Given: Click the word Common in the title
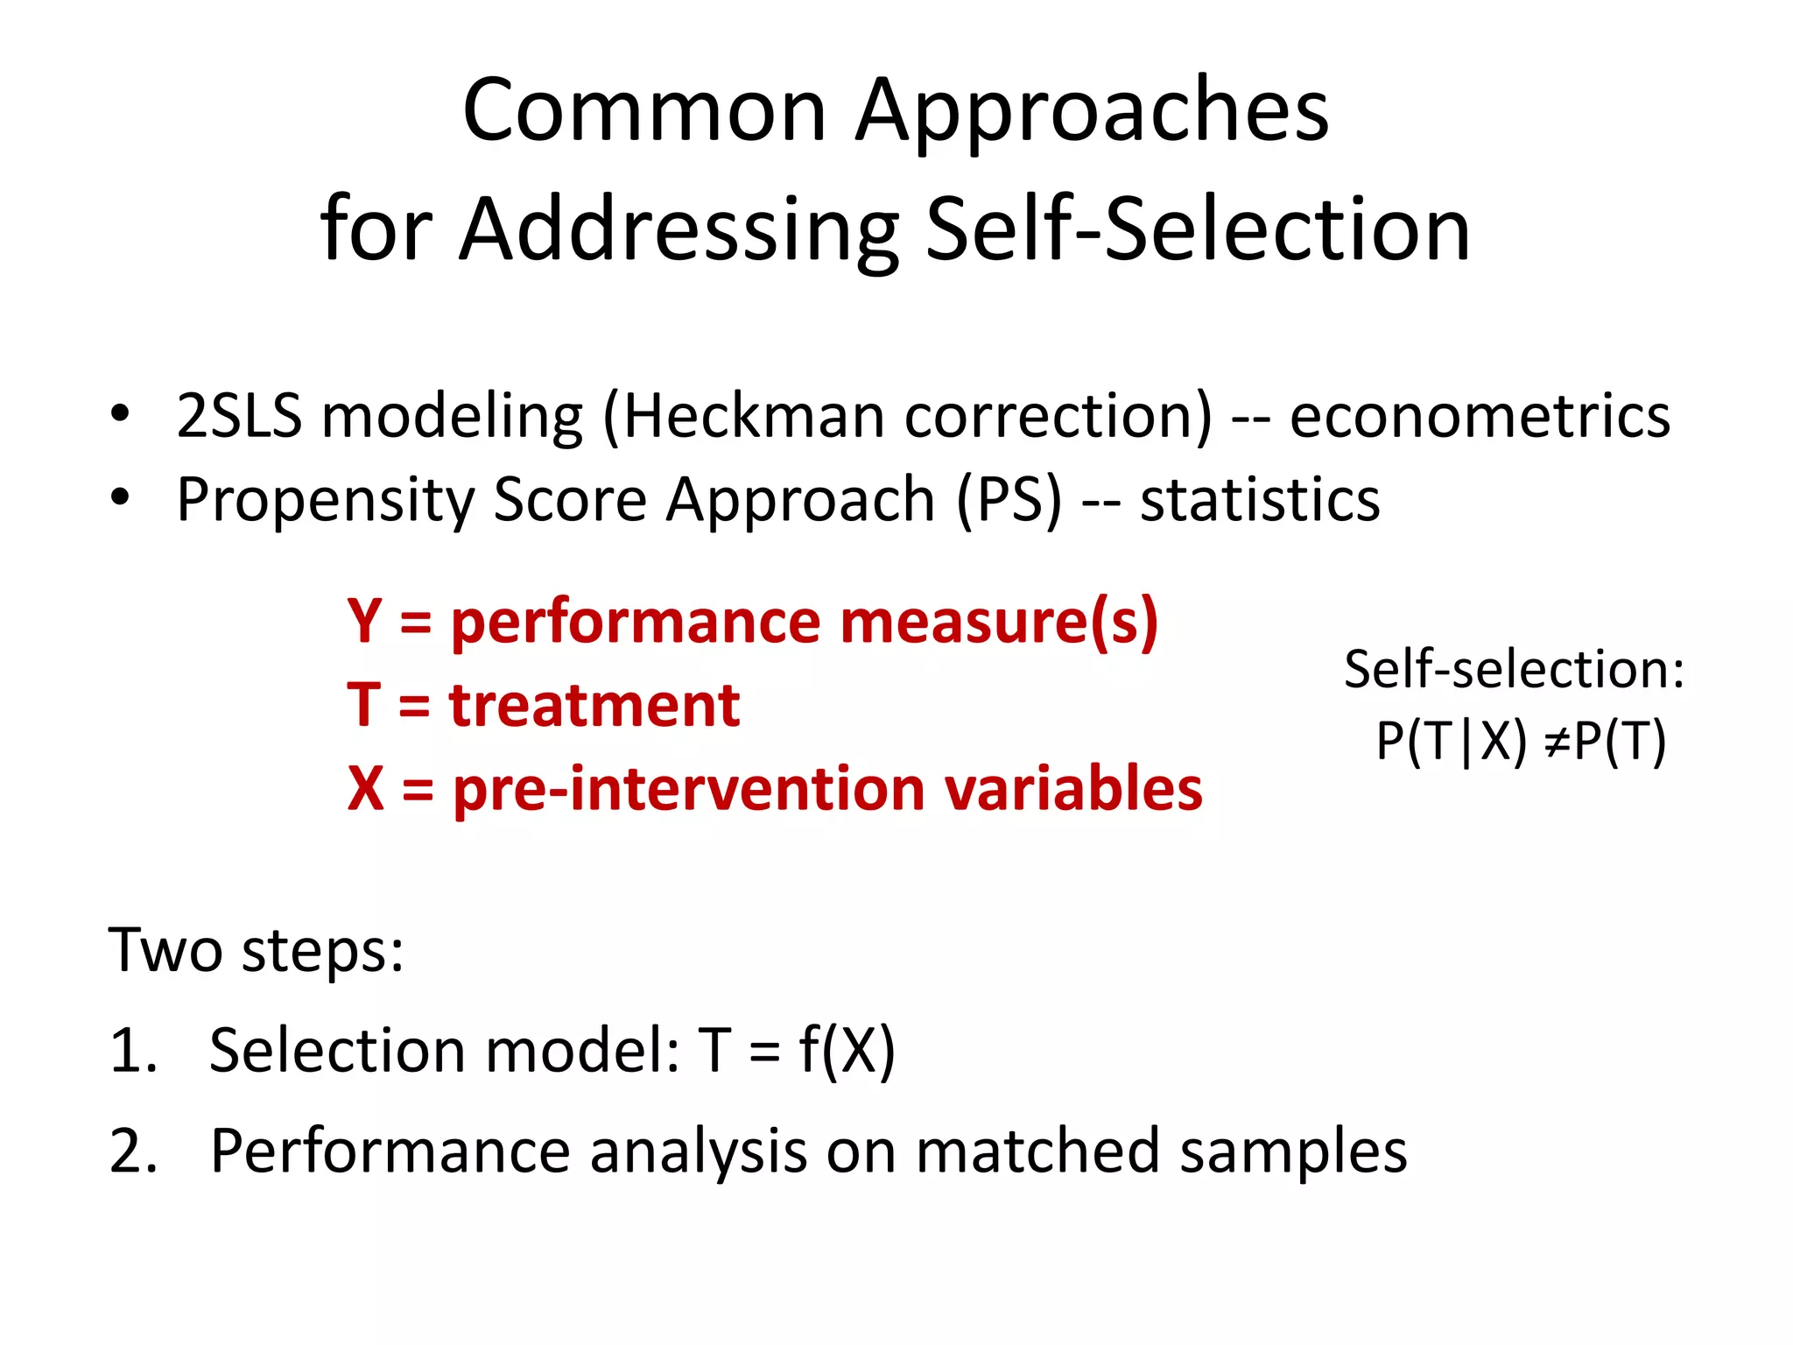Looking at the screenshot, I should point(644,111).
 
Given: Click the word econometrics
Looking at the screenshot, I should point(1480,415).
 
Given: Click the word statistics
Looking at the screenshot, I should point(1260,500).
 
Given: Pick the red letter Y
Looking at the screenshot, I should point(364,621).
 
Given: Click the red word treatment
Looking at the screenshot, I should point(594,705).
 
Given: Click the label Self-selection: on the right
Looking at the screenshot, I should point(1513,670).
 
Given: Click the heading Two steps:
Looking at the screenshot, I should point(256,951).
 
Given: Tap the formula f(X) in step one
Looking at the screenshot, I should point(847,1050).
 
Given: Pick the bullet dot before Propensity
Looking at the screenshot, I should point(120,497).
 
